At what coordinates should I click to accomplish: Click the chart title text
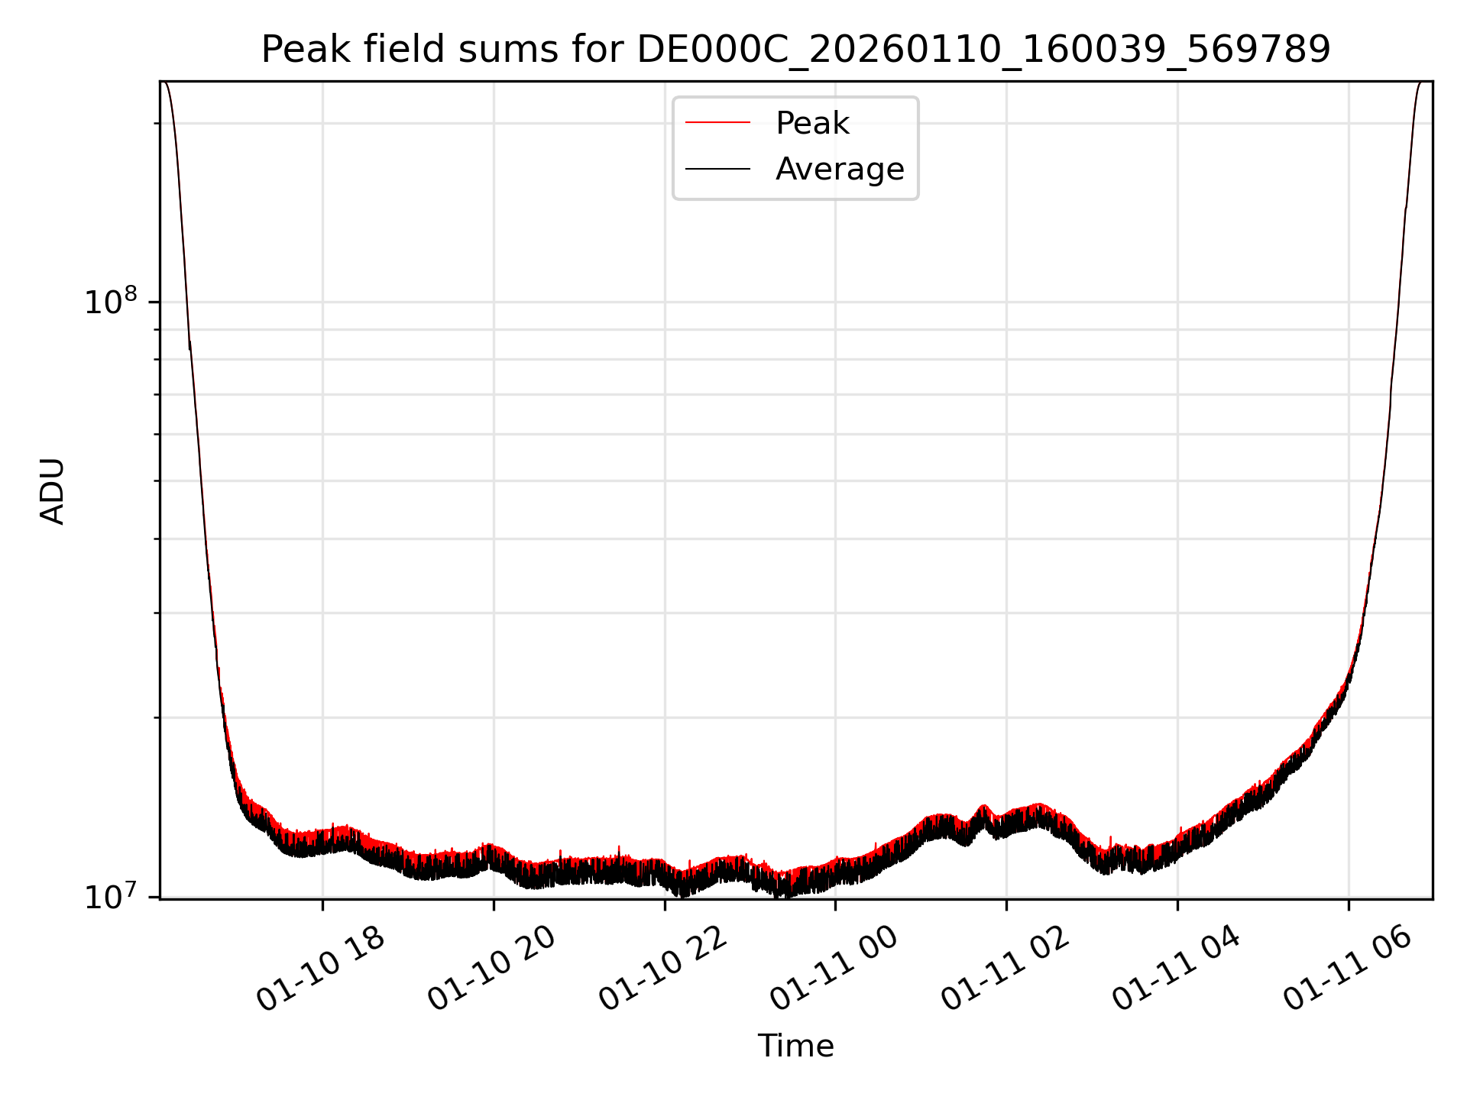[795, 50]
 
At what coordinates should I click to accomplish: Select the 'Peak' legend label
[812, 123]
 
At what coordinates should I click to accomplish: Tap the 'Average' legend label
[839, 169]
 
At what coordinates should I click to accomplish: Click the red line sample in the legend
[717, 123]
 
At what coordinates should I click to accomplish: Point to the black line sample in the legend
[717, 169]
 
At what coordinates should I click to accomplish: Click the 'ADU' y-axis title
[52, 491]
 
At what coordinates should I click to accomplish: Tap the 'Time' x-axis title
[795, 1046]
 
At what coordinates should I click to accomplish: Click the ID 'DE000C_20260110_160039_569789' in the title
[983, 50]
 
